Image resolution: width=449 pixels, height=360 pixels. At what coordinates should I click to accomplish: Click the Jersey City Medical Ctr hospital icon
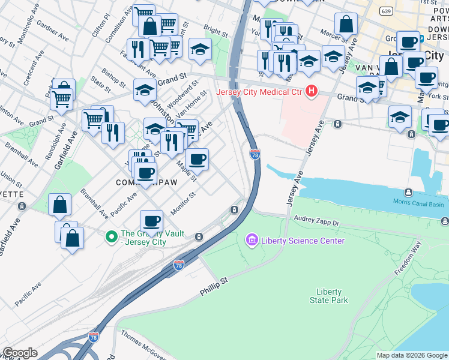pyautogui.click(x=311, y=92)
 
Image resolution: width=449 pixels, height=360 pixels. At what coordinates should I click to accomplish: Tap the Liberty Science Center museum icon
pyautogui.click(x=252, y=241)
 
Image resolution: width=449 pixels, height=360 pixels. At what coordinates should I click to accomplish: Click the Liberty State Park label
pyautogui.click(x=328, y=295)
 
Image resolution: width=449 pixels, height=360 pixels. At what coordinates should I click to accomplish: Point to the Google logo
pyautogui.click(x=20, y=353)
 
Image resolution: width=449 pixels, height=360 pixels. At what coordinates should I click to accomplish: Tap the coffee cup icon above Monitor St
pyautogui.click(x=152, y=220)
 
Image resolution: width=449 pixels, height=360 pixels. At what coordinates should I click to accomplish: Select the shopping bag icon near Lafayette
pyautogui.click(x=60, y=205)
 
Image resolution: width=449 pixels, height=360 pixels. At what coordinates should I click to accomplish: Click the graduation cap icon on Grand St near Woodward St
pyautogui.click(x=144, y=90)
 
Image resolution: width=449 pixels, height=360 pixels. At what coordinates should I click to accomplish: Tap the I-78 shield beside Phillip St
pyautogui.click(x=178, y=265)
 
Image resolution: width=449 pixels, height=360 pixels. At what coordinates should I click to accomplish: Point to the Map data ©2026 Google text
pyautogui.click(x=412, y=355)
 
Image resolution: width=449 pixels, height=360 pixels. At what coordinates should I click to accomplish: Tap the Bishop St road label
pyautogui.click(x=112, y=75)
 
